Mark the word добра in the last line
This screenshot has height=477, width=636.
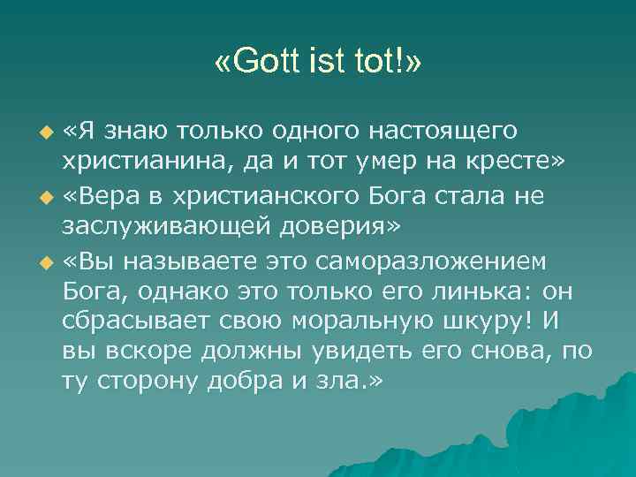[x=265, y=381]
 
